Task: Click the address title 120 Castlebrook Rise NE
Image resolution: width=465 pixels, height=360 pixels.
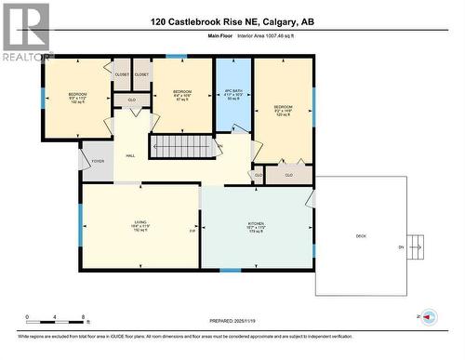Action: (x=232, y=20)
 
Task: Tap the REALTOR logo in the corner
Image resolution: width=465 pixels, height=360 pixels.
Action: (x=25, y=33)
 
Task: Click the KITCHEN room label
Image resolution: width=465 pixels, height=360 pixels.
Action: (x=257, y=226)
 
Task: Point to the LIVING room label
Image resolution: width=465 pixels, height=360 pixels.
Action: (x=141, y=226)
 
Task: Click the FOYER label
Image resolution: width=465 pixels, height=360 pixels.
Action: (x=97, y=161)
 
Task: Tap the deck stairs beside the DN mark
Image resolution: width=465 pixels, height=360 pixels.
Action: (x=417, y=247)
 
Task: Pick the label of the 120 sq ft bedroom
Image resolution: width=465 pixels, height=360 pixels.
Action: (x=283, y=111)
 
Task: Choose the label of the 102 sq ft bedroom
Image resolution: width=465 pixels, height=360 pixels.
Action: (x=76, y=98)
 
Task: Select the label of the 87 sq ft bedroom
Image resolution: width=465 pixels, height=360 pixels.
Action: (x=182, y=94)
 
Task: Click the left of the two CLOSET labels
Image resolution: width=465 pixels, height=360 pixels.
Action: (x=122, y=74)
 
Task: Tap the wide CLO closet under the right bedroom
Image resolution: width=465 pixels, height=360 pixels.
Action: (x=288, y=174)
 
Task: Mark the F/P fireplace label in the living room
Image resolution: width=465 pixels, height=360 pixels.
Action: (x=193, y=230)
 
